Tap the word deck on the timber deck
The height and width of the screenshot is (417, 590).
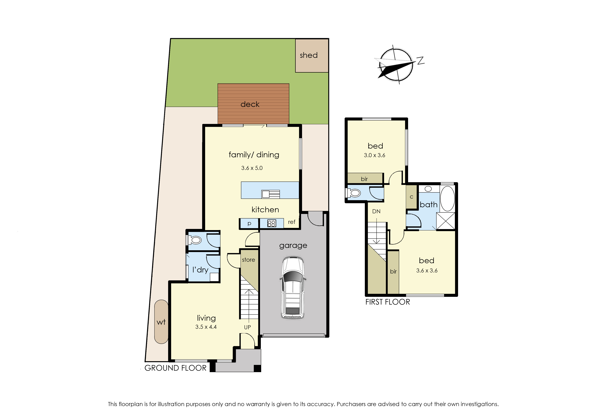(250, 104)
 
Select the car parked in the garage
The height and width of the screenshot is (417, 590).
(293, 287)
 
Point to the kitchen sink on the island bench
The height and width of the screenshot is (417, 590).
(270, 194)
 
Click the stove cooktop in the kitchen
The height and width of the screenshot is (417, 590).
(271, 223)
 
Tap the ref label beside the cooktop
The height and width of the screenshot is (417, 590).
(291, 222)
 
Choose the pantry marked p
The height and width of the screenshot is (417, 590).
(249, 223)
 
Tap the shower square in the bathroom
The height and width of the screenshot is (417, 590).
(445, 221)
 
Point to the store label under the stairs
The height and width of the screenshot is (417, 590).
(248, 260)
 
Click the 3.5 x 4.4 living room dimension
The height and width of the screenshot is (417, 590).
(206, 327)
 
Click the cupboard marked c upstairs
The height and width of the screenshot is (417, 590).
(411, 197)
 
